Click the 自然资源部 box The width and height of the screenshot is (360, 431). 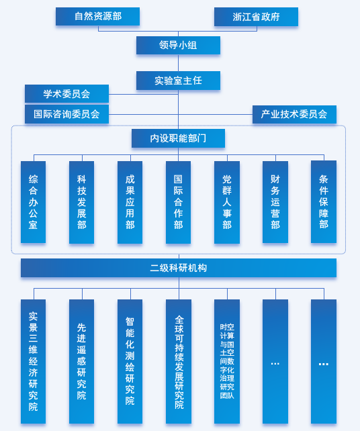[x=97, y=17]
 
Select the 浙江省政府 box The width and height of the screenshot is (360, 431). [x=256, y=17]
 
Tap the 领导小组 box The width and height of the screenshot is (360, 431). [x=178, y=46]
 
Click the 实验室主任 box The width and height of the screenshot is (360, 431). [x=178, y=81]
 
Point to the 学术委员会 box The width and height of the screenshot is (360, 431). [x=67, y=94]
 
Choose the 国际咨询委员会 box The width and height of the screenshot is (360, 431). [x=67, y=114]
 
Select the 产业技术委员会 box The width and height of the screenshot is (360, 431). [x=294, y=114]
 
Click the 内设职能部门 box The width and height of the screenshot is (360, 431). [x=178, y=138]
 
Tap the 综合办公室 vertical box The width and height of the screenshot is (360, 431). [x=34, y=202]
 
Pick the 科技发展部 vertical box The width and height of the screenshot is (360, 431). [x=82, y=202]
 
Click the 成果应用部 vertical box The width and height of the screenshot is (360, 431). [x=130, y=202]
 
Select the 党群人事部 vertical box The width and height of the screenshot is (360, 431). [x=227, y=202]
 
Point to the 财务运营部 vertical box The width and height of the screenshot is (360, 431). [x=275, y=202]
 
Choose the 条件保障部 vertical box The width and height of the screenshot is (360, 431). [x=324, y=202]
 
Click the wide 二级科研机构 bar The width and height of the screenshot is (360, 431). [x=179, y=268]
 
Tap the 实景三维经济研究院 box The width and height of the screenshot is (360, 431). [x=34, y=361]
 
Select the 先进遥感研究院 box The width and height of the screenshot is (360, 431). [x=82, y=361]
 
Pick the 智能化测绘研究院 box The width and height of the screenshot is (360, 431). [x=130, y=361]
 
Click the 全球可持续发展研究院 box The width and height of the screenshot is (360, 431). [x=179, y=361]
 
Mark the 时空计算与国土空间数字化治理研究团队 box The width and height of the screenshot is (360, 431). [x=227, y=361]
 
